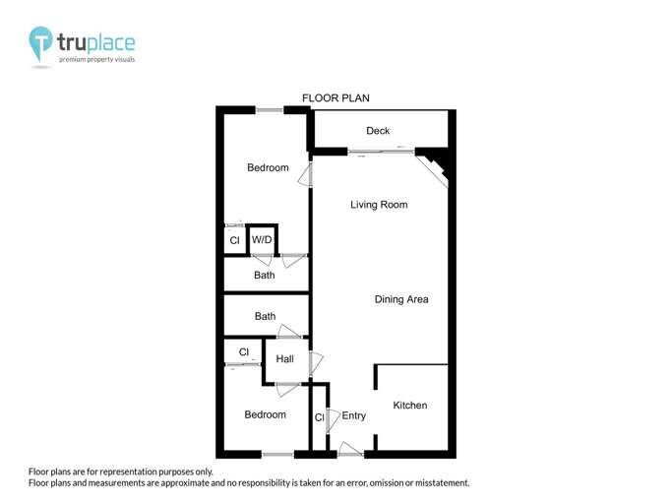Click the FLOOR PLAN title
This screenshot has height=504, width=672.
[x=336, y=98]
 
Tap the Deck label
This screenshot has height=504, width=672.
[x=378, y=131]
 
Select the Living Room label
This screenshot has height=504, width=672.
[x=379, y=205]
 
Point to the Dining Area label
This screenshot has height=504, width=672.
[x=401, y=299]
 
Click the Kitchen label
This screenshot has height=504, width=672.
[x=410, y=406]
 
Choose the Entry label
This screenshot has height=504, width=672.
[x=354, y=416]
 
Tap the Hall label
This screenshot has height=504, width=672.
[x=285, y=359]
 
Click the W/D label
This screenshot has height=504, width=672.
[x=262, y=240]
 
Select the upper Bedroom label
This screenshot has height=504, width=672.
[x=268, y=168]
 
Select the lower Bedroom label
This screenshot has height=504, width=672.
[x=265, y=415]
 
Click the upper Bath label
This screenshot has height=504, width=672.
[x=265, y=276]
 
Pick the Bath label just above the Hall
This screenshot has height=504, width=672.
[x=265, y=317]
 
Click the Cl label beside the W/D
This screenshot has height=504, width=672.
[x=234, y=241]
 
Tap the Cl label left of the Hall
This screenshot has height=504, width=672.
[x=243, y=351]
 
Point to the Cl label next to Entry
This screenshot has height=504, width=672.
[x=319, y=418]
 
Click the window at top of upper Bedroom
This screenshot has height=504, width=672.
[x=270, y=109]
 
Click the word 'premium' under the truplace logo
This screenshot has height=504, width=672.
[x=74, y=60]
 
